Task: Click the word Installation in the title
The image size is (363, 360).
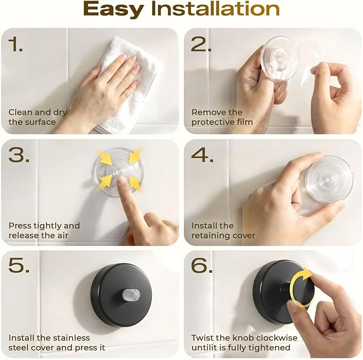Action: (215, 9)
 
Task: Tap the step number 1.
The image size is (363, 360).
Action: (16, 44)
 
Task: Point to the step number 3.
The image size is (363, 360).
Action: (19, 155)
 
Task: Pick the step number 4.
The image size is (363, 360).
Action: (202, 155)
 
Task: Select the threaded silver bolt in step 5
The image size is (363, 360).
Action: (131, 294)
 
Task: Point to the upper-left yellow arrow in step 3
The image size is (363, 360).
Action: (104, 157)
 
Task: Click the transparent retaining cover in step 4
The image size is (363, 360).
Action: (329, 179)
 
